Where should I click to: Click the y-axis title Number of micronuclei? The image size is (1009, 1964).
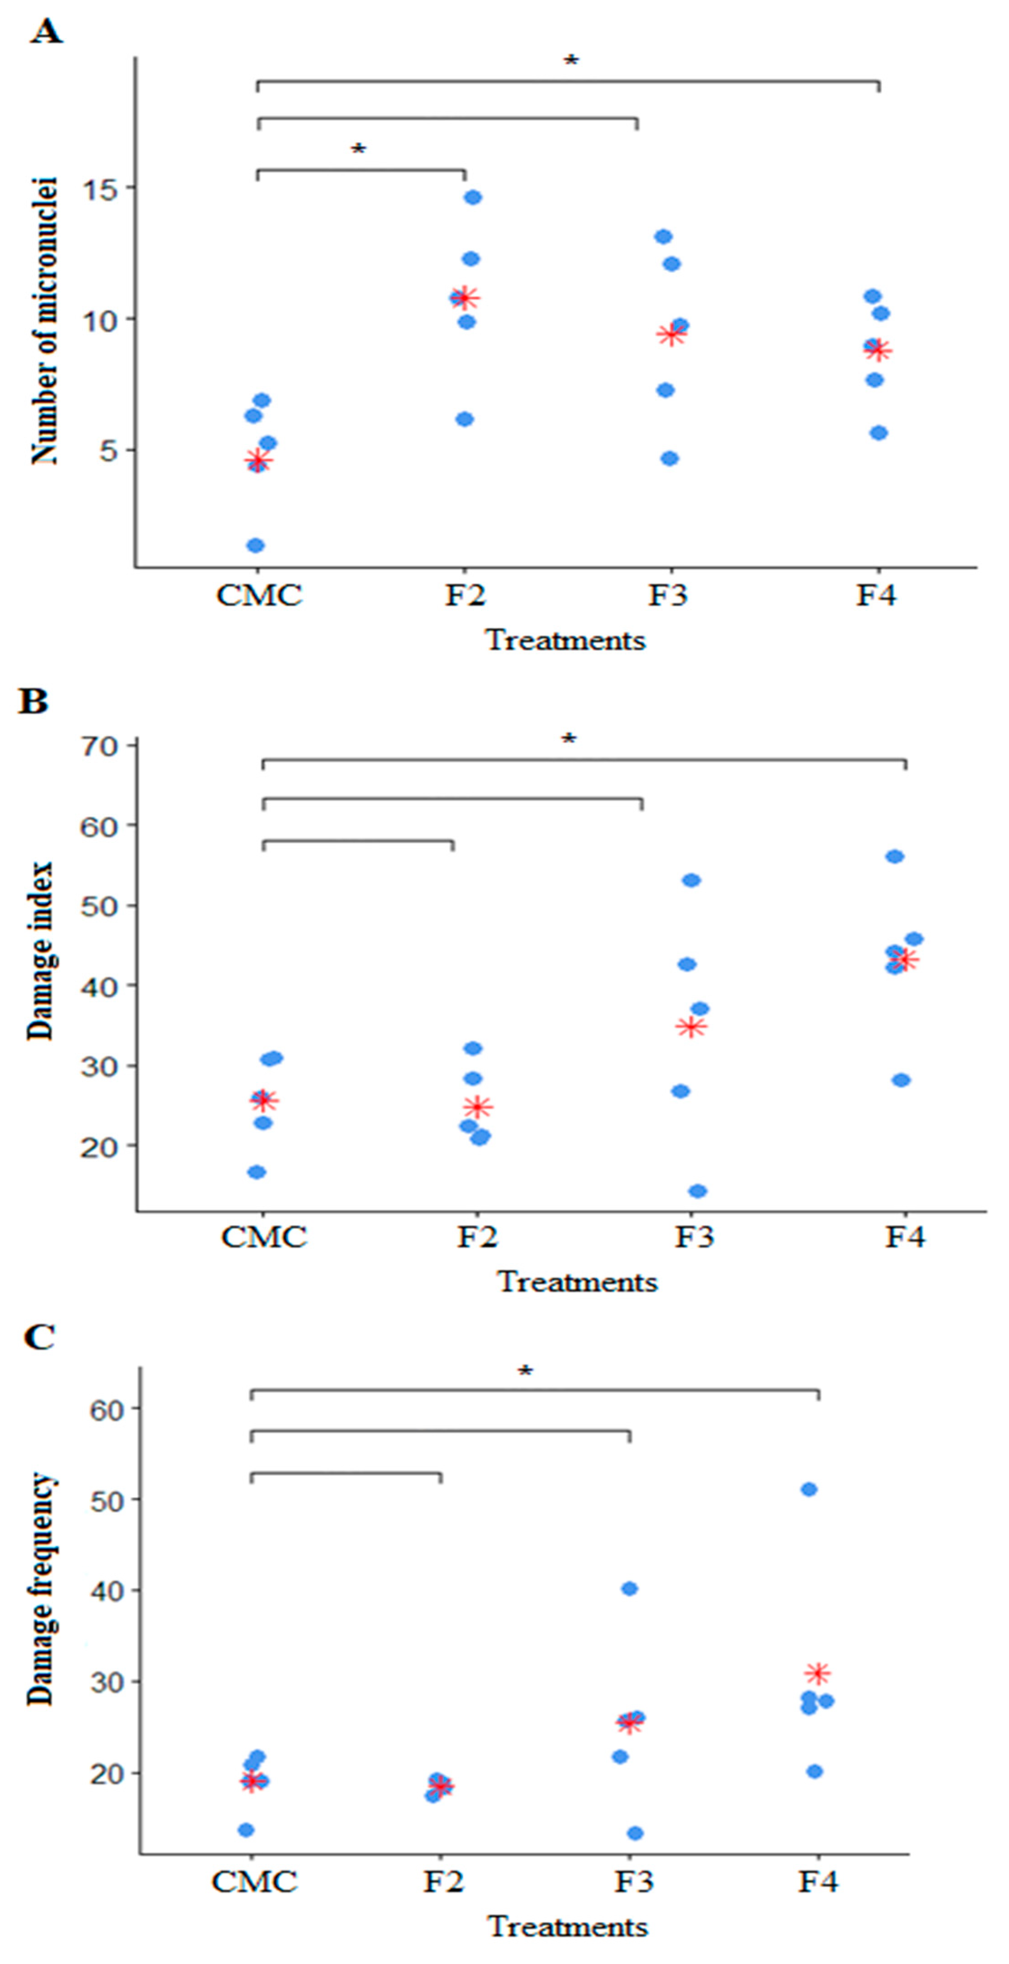tap(44, 320)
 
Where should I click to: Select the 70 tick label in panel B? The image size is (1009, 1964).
tap(99, 745)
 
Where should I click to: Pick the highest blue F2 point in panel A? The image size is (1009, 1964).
tap(473, 198)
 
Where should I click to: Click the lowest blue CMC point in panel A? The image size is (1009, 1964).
tap(256, 545)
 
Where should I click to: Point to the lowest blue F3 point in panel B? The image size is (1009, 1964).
tap(697, 1191)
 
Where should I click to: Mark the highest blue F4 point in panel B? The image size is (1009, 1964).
tap(895, 856)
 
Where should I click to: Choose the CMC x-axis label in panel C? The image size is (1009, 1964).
tap(254, 1882)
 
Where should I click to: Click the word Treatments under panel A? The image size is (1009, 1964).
tap(566, 640)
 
